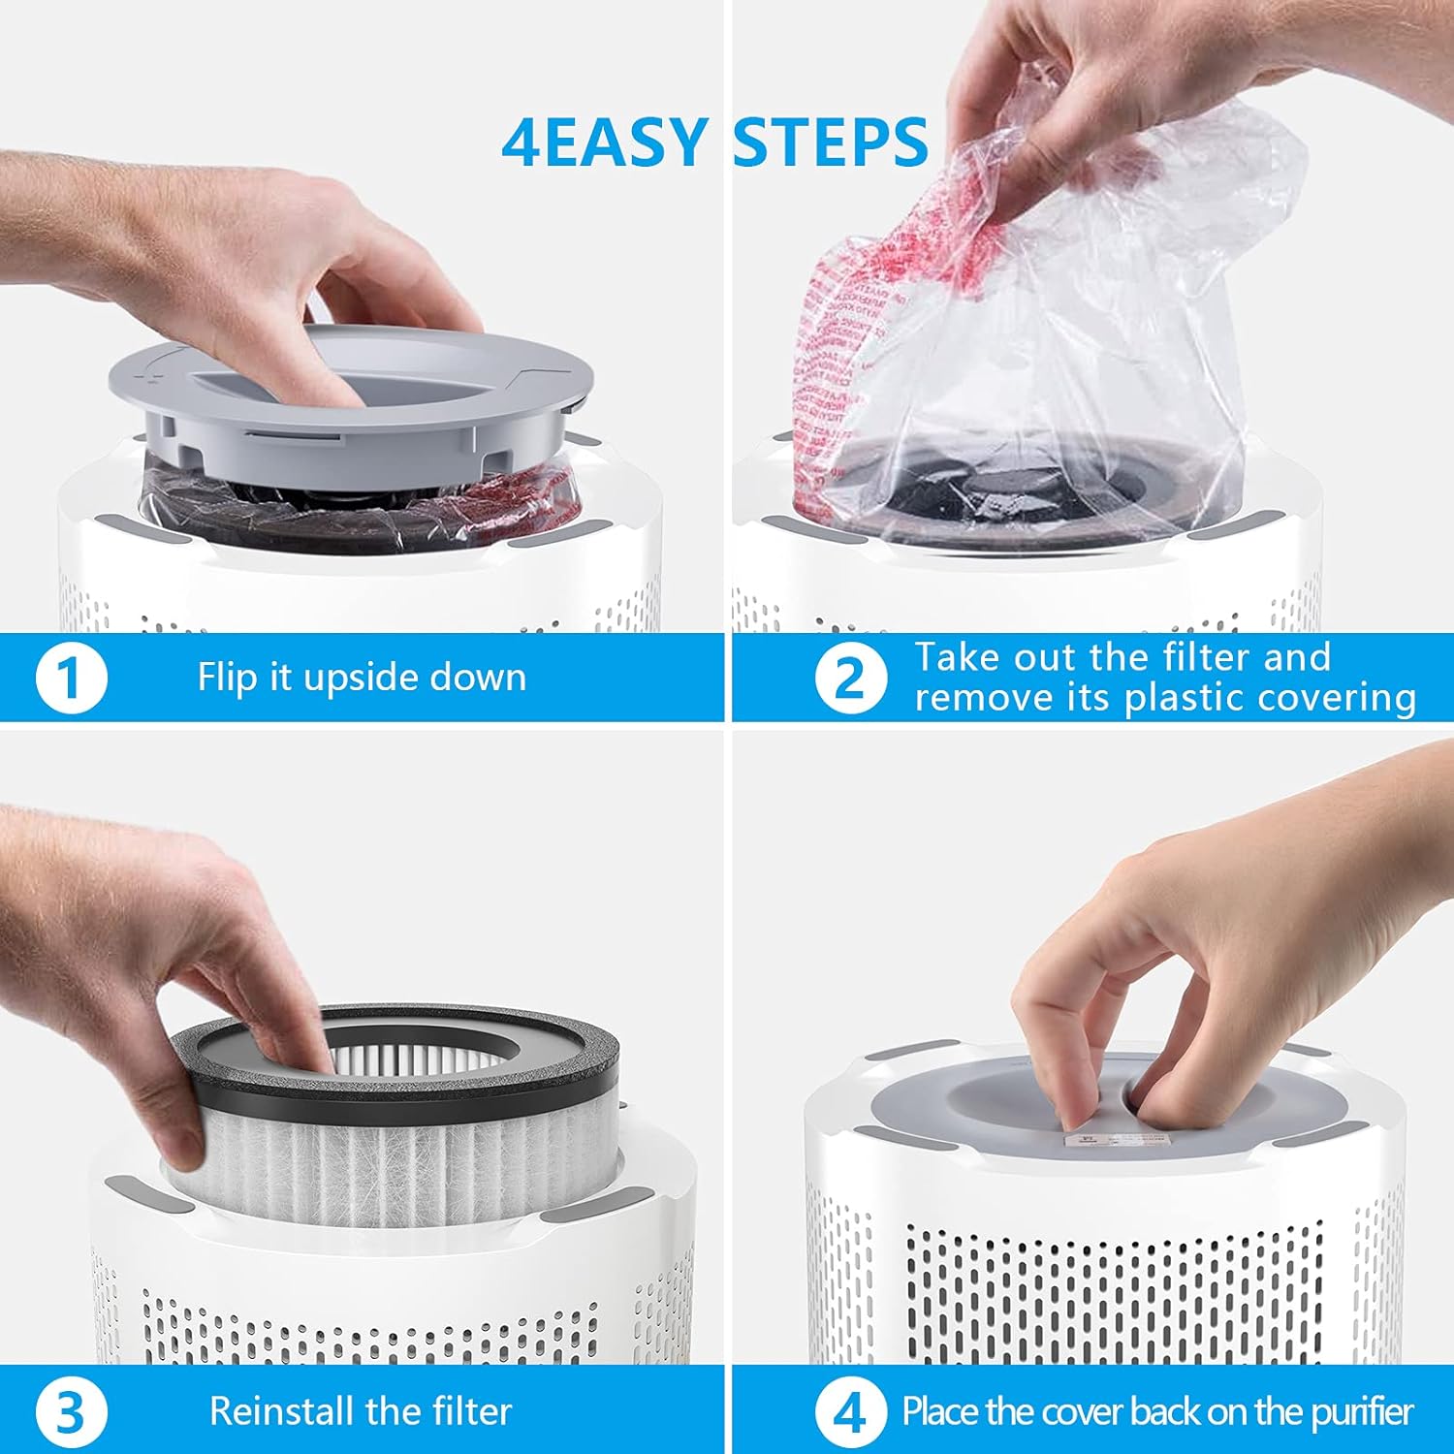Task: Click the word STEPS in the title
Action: click(831, 142)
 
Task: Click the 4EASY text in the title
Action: click(604, 142)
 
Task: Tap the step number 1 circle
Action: click(71, 678)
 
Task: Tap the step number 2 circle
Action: click(850, 678)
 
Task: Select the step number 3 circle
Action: click(71, 1412)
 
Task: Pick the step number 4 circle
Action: click(850, 1412)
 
